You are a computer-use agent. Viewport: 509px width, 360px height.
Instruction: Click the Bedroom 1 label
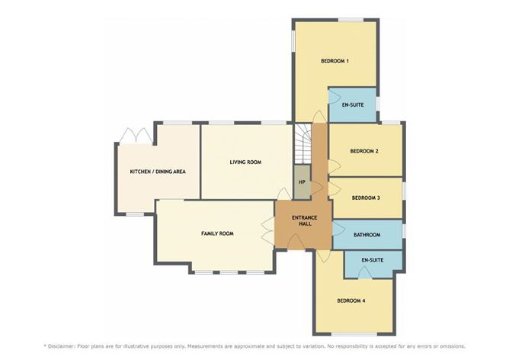point(335,61)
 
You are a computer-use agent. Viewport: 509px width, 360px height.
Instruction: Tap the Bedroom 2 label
point(364,151)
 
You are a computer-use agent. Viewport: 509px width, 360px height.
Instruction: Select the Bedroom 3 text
point(366,198)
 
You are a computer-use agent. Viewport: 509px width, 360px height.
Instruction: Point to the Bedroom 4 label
point(351,301)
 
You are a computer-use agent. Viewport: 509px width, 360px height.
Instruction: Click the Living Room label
point(245,162)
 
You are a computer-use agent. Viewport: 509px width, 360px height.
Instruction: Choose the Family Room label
point(217,233)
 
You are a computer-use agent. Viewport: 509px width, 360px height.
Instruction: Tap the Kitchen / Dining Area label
point(158,172)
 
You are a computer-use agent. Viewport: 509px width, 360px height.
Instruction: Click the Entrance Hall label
point(304,220)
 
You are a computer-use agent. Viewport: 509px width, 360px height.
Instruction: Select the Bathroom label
point(367,235)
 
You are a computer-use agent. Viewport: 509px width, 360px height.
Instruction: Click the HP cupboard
point(303,182)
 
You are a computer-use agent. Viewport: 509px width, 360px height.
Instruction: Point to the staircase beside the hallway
point(303,143)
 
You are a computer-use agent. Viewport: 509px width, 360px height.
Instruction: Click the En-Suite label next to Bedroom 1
point(353,105)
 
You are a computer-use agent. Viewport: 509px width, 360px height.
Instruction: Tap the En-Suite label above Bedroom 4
point(373,260)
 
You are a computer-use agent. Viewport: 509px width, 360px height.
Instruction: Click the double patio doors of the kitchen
point(136,137)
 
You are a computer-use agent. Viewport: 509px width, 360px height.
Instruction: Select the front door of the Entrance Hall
point(296,243)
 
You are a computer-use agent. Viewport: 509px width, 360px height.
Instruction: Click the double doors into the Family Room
point(268,230)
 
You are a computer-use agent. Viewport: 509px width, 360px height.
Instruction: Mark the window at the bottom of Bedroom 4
point(354,334)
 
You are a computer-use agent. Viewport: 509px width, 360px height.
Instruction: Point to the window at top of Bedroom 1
point(351,20)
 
